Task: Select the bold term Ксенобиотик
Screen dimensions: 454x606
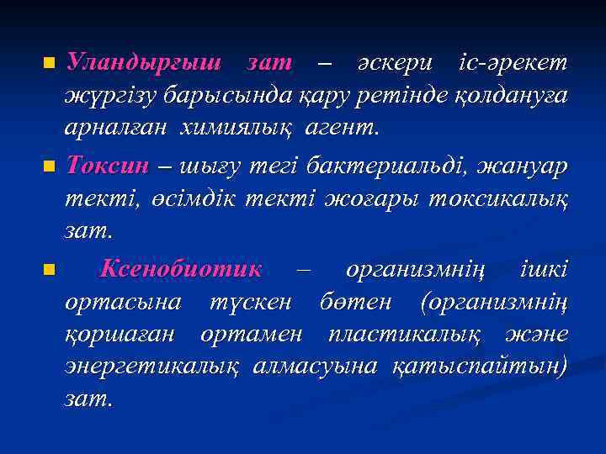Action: pos(180,270)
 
